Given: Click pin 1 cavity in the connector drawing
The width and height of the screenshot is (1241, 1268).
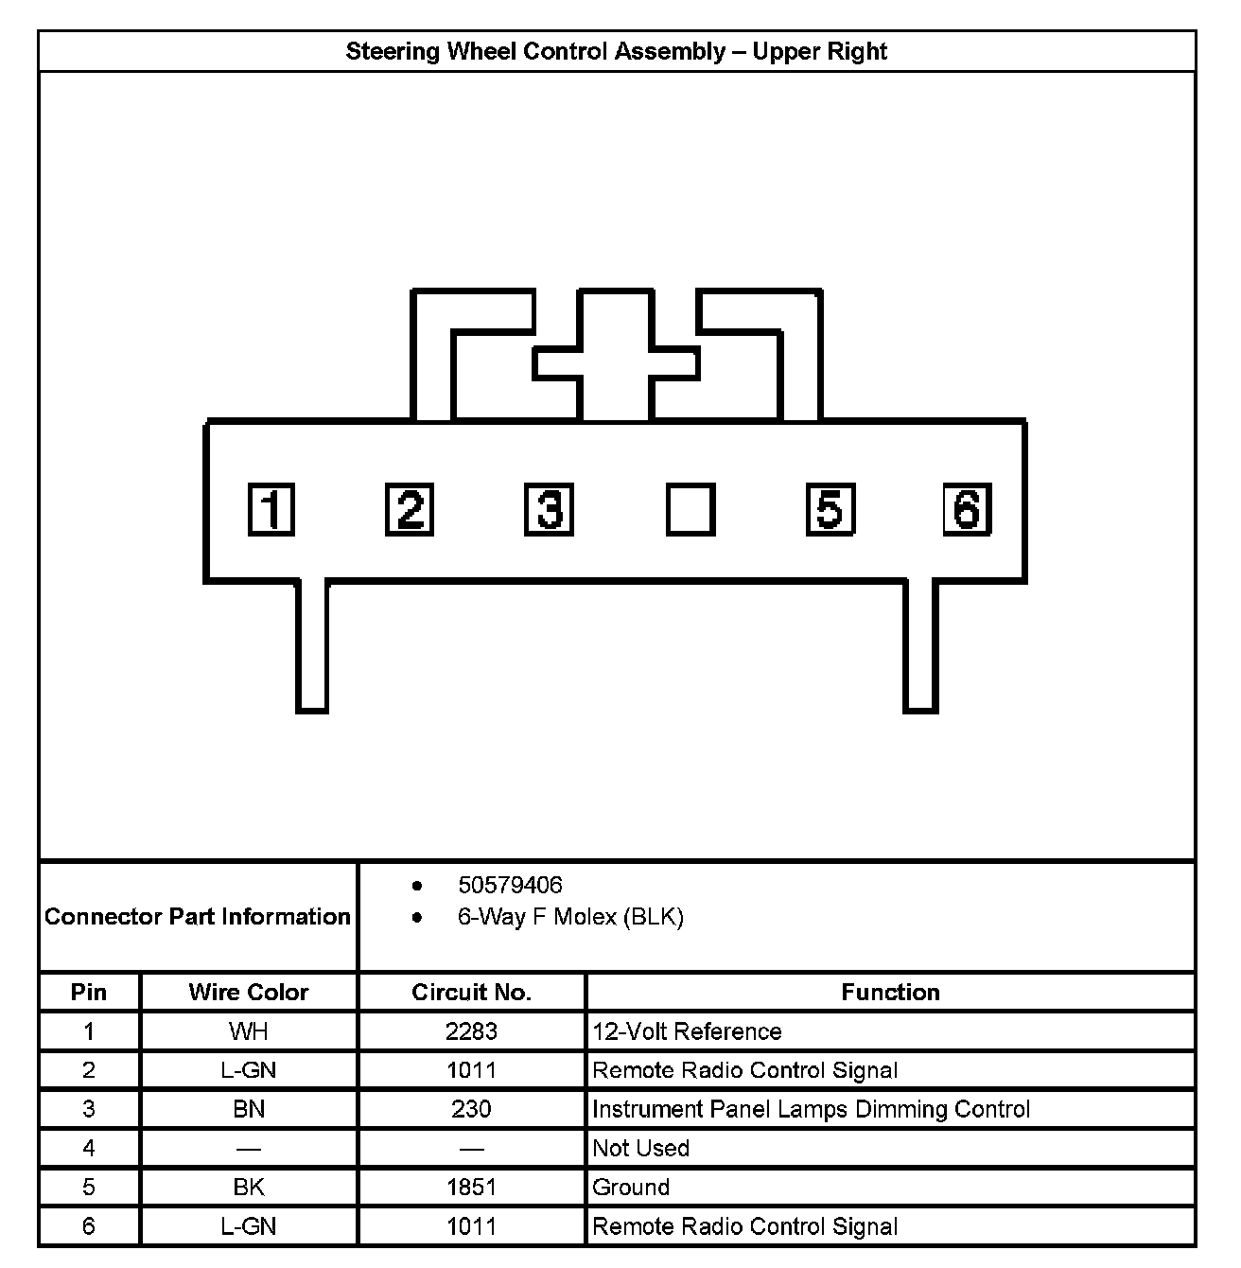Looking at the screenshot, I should click(x=271, y=510).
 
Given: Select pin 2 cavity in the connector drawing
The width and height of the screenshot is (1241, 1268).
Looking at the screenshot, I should click(x=410, y=510).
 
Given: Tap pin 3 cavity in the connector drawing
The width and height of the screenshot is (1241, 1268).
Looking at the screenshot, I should click(x=549, y=510).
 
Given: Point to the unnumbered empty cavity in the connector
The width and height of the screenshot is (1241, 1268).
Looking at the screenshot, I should click(x=690, y=510).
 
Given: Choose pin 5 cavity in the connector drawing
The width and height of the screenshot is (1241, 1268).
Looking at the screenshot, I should click(x=830, y=510).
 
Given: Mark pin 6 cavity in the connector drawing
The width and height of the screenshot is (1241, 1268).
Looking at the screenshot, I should click(x=967, y=510).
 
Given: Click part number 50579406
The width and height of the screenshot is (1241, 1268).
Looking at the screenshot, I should click(x=510, y=885).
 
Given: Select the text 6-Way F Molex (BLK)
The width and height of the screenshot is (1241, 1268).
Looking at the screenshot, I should click(x=570, y=916).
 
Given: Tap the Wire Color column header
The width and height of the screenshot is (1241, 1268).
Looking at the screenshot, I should click(x=249, y=992).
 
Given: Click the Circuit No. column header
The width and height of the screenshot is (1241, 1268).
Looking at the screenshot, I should click(x=471, y=992).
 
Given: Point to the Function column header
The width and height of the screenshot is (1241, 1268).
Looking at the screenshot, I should click(x=890, y=992).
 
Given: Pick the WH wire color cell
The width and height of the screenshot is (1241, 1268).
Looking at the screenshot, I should click(x=249, y=1031).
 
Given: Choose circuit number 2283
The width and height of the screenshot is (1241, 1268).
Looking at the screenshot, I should click(x=471, y=1031).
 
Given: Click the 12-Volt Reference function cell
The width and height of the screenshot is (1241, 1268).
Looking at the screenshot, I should click(x=687, y=1031).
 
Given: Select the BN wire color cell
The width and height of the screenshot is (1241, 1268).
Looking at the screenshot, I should click(x=249, y=1109).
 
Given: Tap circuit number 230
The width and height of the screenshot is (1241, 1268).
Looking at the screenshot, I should click(x=471, y=1109).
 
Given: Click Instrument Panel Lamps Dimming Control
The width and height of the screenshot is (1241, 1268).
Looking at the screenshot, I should click(x=811, y=1109).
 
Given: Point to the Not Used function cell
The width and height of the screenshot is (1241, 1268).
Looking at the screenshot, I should click(x=640, y=1148).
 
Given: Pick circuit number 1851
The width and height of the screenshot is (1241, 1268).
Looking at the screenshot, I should click(x=471, y=1187).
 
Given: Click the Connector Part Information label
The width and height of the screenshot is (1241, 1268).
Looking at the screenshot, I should click(x=198, y=916).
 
